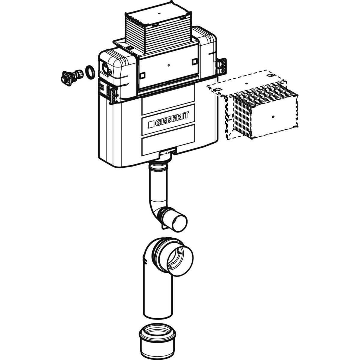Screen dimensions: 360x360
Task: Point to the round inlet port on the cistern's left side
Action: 105,66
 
